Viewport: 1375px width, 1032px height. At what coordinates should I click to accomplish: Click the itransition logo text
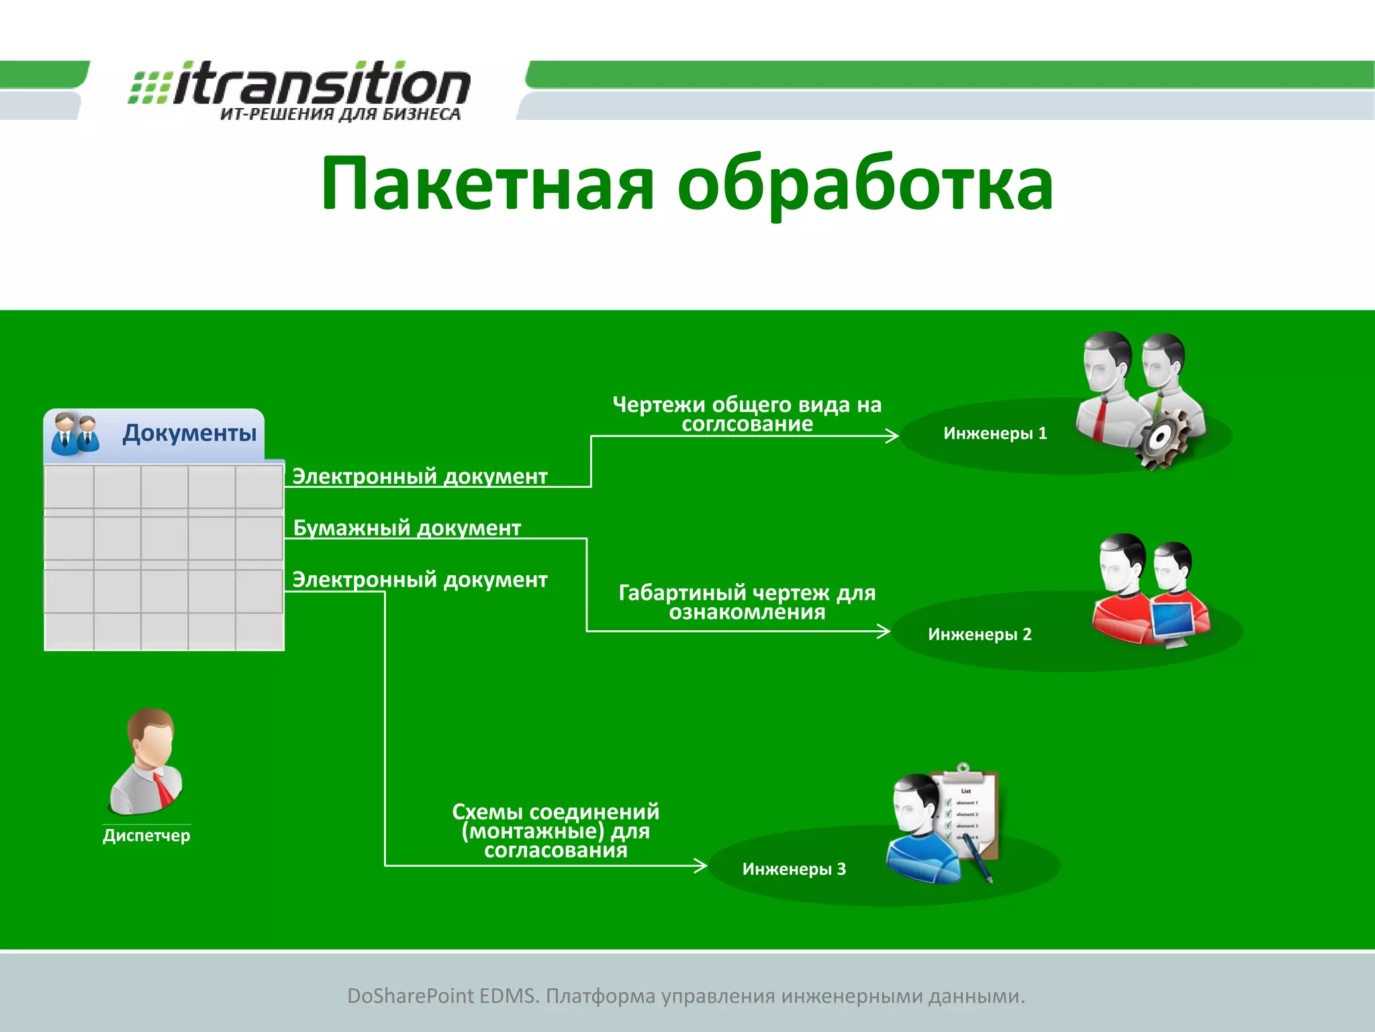[x=321, y=85]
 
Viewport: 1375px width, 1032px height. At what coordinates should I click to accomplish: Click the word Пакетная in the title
[x=487, y=183]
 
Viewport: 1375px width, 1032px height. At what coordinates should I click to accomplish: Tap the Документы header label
[x=189, y=433]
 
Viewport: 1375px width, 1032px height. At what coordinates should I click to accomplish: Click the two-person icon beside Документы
[x=75, y=434]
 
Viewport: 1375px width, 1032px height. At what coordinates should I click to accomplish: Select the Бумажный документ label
[x=407, y=528]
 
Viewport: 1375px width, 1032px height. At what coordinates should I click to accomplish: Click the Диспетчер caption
[x=146, y=836]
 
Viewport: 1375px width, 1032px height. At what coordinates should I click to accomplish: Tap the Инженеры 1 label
[x=995, y=433]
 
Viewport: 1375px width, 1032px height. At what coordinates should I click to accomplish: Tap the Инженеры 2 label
[x=980, y=634]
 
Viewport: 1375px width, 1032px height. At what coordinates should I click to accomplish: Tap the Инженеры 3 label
[x=794, y=869]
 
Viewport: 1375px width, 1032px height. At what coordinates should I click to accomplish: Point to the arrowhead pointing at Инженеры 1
[x=893, y=436]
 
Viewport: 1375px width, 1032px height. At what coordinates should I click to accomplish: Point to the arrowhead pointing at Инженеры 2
[x=884, y=631]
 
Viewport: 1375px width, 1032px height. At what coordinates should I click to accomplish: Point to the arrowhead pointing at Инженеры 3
[x=701, y=865]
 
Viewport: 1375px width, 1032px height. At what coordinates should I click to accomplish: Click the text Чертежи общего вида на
[x=747, y=404]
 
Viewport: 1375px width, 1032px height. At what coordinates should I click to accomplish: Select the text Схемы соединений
[x=555, y=812]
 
